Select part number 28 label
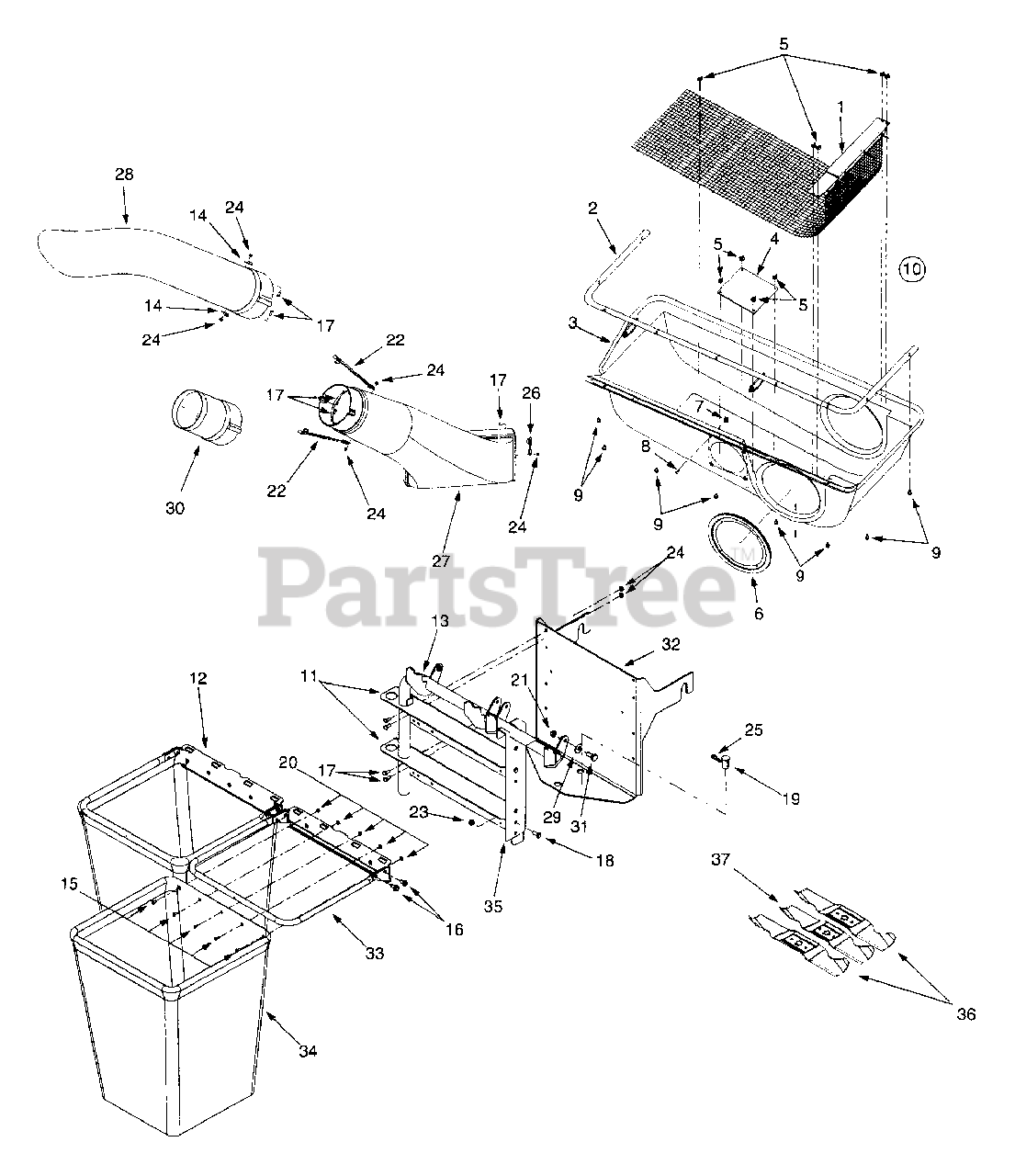(125, 174)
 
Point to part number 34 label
(309, 1051)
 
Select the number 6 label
(758, 614)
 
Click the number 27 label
(442, 560)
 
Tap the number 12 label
(198, 679)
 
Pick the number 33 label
(374, 954)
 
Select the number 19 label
(790, 799)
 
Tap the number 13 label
(440, 621)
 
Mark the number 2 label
(593, 209)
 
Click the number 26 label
(532, 393)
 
